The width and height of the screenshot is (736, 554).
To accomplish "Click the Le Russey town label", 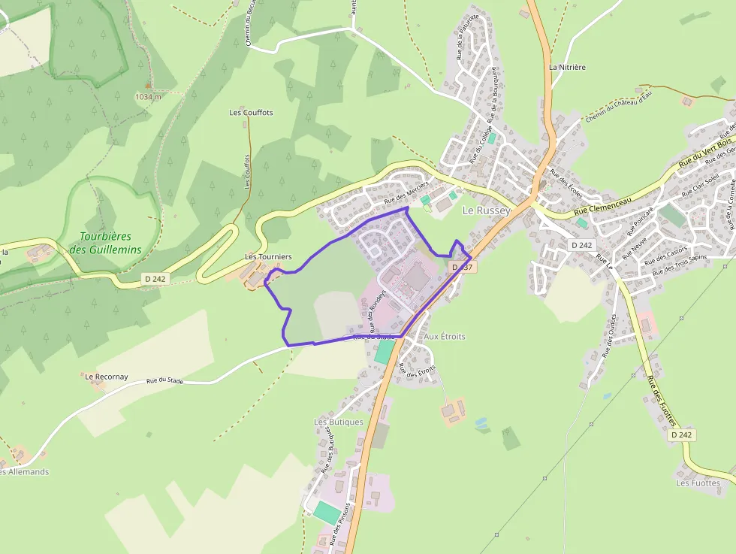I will click(486, 210).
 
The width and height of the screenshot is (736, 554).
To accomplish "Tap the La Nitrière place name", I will click(567, 67).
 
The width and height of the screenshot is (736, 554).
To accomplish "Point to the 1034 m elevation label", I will click(148, 96).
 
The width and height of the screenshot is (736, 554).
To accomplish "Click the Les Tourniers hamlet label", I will click(268, 257).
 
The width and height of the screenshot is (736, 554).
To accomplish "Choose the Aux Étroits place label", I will click(445, 337).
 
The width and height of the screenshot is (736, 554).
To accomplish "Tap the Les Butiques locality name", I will click(338, 422).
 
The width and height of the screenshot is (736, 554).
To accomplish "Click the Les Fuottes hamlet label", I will click(698, 483).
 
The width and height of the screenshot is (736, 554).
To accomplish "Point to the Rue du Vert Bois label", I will click(704, 153).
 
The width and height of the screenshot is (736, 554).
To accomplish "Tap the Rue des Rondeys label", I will click(377, 311).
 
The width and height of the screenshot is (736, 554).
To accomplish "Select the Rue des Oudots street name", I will click(608, 335).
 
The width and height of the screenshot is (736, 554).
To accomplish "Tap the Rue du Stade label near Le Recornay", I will click(165, 381).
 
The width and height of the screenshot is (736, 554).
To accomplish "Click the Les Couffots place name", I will click(251, 113).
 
